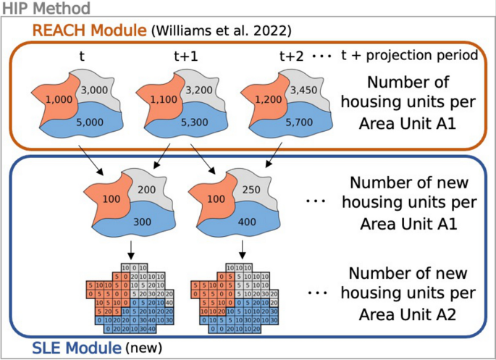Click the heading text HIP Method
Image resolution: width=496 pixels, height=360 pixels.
pyautogui.click(x=45, y=9)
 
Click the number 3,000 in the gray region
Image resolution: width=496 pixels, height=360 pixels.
pyautogui.click(x=95, y=90)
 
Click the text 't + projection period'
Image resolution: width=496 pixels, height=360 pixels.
pyautogui.click(x=409, y=55)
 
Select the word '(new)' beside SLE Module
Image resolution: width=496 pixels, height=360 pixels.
pyautogui.click(x=143, y=348)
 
